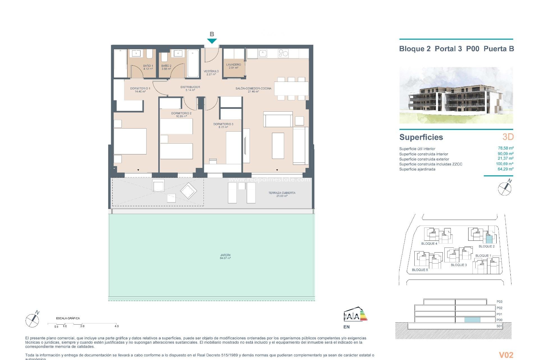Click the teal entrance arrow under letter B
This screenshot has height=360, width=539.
coord(212,41)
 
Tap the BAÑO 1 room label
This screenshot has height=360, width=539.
coord(148,67)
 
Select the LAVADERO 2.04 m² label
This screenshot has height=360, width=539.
coord(234,66)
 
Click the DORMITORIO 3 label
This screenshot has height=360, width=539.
coord(223,125)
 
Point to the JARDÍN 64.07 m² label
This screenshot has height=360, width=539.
coord(225,256)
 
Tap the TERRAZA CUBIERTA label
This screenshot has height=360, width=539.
coord(282,194)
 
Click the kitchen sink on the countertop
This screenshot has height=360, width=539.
coord(263,53)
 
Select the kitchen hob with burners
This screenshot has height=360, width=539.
coord(283,53)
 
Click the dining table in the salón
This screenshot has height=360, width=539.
coord(291,89)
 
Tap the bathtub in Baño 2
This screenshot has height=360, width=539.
coord(193,63)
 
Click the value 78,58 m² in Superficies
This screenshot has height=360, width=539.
coord(505,148)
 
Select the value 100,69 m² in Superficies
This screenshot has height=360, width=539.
coord(504,164)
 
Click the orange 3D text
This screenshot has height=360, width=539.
coord(508,137)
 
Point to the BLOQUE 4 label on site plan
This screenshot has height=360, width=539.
coord(429,244)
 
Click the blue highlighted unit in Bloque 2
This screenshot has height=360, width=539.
coord(489,240)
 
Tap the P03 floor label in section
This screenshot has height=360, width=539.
coord(499,302)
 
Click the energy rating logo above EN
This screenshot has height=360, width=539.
coord(355,315)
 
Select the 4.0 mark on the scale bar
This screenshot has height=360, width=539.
coord(117,326)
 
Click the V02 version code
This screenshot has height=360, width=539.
coord(506,355)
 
